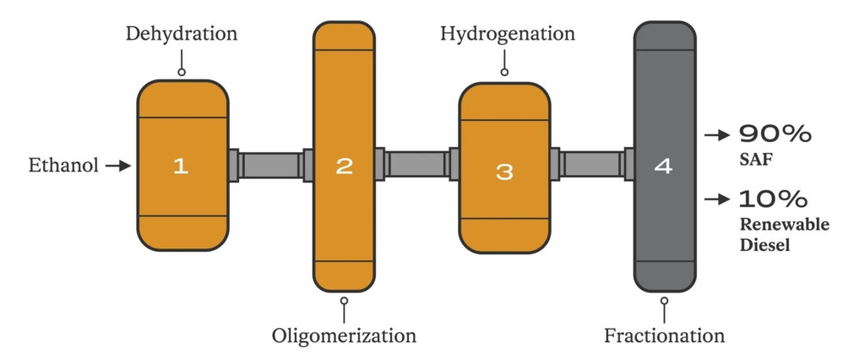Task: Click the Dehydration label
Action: tap(182, 34)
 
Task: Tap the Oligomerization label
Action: tap(344, 335)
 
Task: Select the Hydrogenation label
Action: tap(508, 34)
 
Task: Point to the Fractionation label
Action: tap(664, 335)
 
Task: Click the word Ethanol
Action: tap(63, 165)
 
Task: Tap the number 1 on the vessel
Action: tap(181, 166)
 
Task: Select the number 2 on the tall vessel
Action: tap(344, 166)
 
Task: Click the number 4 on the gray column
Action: tap(664, 166)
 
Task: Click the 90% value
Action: tap(775, 134)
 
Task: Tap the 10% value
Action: tap(774, 199)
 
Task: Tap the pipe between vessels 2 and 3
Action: tap(417, 164)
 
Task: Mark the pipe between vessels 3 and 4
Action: tap(592, 164)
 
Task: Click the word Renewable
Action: tap(784, 225)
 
